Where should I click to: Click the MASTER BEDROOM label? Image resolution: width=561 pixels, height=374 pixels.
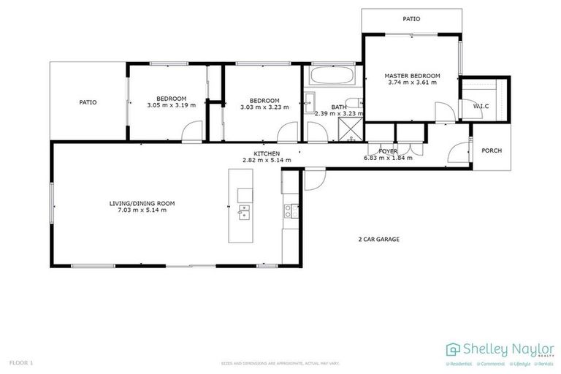tap(414, 76)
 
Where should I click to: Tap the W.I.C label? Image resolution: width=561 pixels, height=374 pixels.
tap(481, 107)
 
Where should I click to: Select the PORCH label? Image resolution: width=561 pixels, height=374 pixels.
tap(492, 151)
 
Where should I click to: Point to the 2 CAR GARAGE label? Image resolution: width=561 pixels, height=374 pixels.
tap(378, 239)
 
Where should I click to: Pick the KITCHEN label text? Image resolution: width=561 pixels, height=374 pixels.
tap(267, 153)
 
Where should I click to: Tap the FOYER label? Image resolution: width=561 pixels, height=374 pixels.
tap(388, 151)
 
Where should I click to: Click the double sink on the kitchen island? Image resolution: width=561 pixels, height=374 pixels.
tap(244, 213)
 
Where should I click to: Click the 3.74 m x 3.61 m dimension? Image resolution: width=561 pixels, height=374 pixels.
tap(414, 83)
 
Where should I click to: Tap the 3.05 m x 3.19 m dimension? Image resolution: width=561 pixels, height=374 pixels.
tap(171, 106)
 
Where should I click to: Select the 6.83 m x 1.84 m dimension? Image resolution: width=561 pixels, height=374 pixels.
tap(388, 158)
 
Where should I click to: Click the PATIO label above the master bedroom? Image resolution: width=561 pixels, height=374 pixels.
tap(412, 18)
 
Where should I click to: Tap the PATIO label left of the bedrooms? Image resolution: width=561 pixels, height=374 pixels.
tap(88, 102)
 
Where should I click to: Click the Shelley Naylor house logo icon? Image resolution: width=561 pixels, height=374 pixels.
tap(453, 348)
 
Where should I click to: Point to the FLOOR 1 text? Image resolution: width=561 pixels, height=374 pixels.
tap(21, 362)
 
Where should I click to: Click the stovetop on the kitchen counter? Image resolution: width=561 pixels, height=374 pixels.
tap(288, 212)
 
